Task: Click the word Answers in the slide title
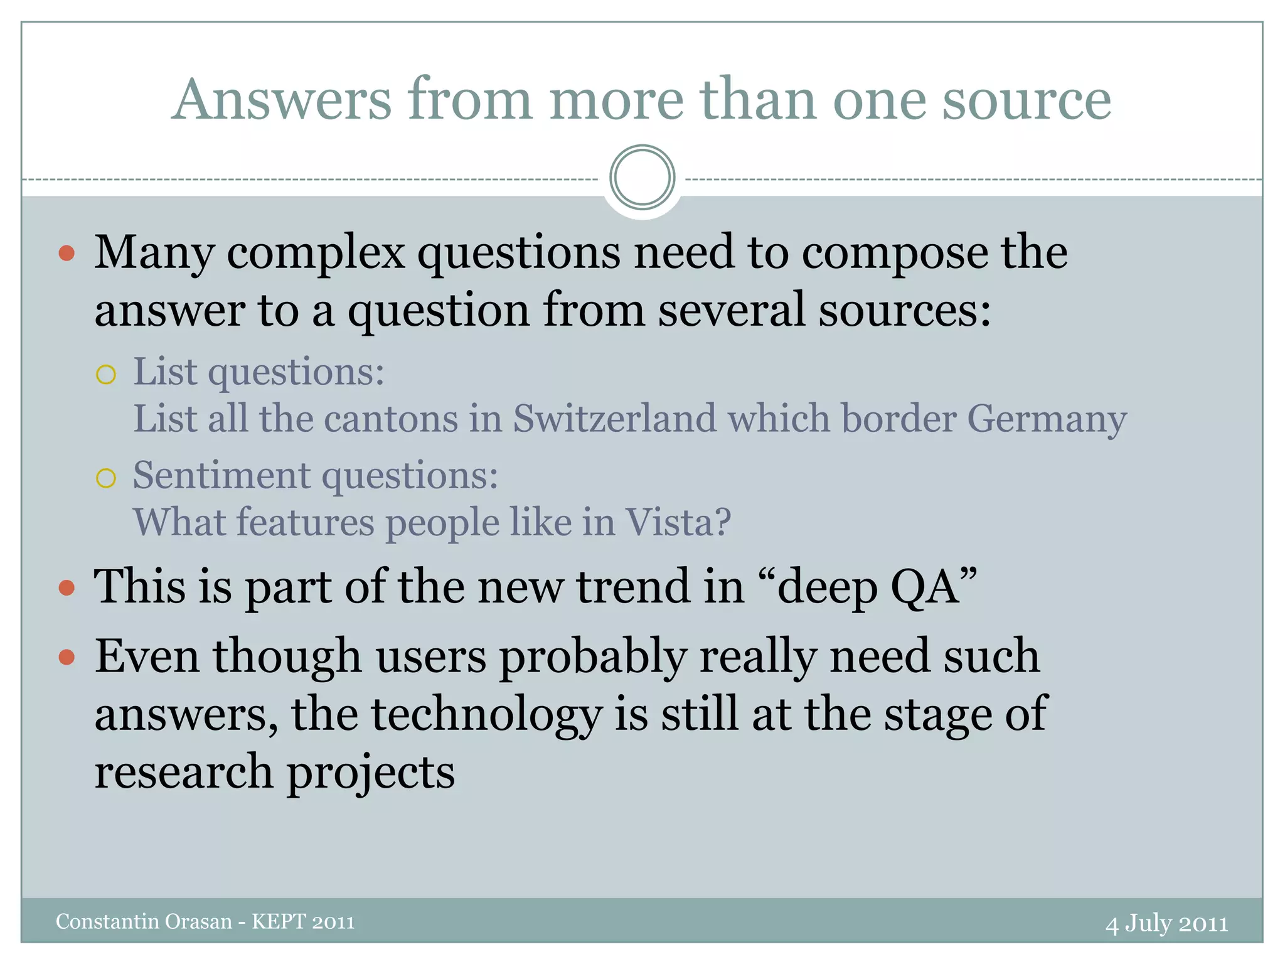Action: (282, 100)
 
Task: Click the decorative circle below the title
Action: (642, 178)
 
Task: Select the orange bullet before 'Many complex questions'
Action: (67, 254)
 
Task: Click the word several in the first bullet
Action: (731, 310)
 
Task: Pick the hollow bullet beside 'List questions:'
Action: (106, 375)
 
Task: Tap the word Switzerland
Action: (614, 419)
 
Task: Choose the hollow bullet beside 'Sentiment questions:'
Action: (106, 478)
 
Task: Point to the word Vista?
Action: (679, 522)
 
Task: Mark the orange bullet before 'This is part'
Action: (67, 589)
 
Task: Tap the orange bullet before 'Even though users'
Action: (67, 658)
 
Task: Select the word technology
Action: (486, 715)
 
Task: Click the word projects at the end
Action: (371, 773)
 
